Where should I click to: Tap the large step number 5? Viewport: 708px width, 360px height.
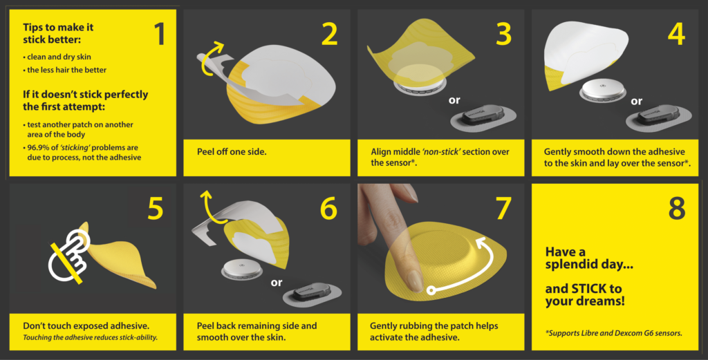156,208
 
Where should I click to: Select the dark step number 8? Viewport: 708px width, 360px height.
677,208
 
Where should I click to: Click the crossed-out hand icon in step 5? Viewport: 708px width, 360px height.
69,256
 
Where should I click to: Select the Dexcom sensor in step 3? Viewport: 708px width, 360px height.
484,119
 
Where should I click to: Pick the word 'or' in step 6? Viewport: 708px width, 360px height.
277,283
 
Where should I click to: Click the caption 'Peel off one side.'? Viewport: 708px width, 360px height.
232,151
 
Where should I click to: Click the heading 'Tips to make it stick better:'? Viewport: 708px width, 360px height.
58,33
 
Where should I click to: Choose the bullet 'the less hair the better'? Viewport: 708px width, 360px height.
67,70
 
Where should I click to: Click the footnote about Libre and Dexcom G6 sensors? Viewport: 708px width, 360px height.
614,333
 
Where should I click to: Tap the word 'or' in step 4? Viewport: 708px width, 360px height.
637,102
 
